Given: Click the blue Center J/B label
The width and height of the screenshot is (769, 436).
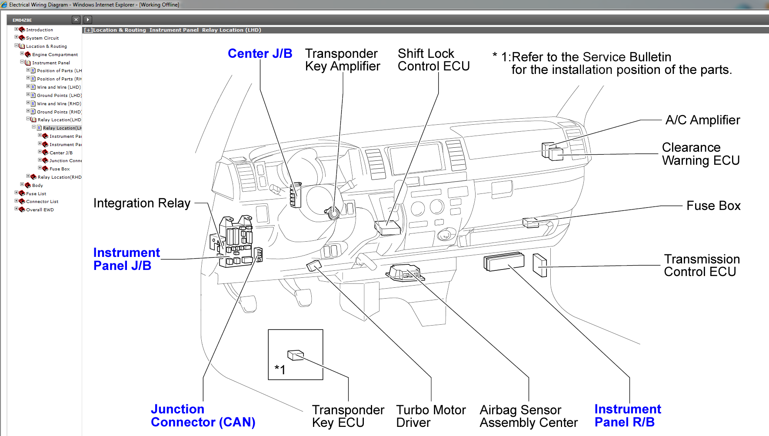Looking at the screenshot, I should [260, 53].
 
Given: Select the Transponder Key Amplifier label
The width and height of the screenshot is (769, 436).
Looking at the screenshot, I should [343, 60].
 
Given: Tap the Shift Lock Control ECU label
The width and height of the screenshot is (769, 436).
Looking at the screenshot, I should [433, 60].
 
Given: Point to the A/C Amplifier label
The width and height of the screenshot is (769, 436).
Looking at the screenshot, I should [702, 120].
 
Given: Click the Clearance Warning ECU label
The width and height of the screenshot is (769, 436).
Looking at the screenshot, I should [700, 154].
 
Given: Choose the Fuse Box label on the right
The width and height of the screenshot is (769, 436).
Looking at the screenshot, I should [713, 206].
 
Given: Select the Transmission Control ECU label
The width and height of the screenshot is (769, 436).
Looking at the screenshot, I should [701, 266].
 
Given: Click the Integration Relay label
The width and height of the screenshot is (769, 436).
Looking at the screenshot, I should [142, 203].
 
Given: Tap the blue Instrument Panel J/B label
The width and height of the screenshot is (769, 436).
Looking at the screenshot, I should [127, 259].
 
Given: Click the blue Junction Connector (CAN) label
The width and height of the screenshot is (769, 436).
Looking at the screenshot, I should [203, 416].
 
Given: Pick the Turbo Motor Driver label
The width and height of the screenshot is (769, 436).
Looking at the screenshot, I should [430, 416].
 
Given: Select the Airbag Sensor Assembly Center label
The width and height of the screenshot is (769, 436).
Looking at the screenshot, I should [529, 416].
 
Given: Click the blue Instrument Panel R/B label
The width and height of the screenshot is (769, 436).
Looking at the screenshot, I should [627, 416].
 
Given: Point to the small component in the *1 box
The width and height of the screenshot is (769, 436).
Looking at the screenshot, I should [295, 355].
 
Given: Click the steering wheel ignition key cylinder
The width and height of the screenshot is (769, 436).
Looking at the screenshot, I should [333, 213].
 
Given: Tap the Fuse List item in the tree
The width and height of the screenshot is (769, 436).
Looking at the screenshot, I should [36, 194].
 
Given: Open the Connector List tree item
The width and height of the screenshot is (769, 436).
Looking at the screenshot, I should [42, 202].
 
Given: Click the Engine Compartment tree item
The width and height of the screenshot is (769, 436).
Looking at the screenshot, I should [55, 55].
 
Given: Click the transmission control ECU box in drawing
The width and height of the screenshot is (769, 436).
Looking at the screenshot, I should [539, 265].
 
